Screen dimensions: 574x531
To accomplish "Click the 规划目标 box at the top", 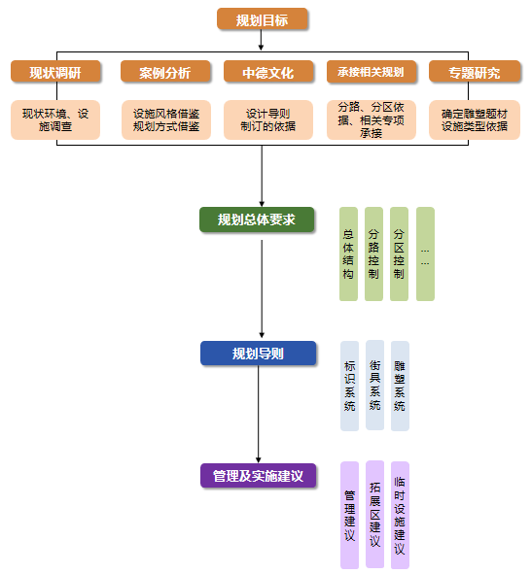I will tap(262, 19).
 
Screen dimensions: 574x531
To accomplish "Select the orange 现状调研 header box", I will tap(55, 73).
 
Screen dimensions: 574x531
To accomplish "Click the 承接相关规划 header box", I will tap(371, 73).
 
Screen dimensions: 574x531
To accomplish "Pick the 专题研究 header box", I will tap(474, 73).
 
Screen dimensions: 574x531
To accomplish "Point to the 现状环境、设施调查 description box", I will tap(55, 119).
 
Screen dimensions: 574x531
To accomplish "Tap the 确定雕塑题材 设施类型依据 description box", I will tap(474, 119).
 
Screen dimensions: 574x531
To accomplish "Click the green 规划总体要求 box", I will tap(257, 219).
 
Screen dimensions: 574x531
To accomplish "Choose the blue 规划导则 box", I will tap(258, 354).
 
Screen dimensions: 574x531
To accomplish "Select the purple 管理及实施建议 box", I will tap(258, 476).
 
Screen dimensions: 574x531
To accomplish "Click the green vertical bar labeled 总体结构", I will tap(348, 253).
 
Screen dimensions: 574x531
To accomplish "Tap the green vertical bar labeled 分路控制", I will tap(373, 253).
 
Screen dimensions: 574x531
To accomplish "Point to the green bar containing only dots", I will tap(425, 253).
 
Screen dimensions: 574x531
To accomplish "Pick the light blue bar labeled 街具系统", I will tap(374, 385).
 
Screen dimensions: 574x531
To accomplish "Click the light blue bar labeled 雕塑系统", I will tap(400, 385).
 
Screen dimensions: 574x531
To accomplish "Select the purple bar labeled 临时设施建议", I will tap(400, 515).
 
